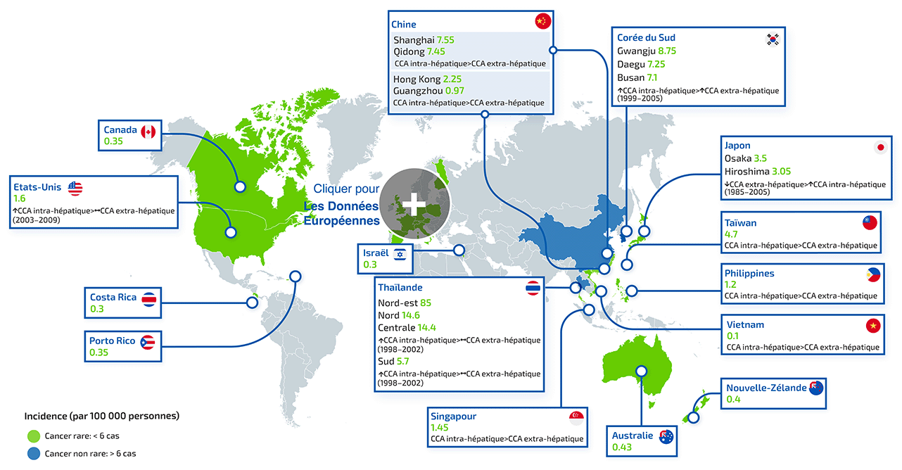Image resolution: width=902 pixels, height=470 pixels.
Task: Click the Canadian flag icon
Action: [x=148, y=132]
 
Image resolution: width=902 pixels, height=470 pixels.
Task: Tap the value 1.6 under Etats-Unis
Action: [x=19, y=199]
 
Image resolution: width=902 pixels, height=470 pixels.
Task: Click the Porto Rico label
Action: [x=112, y=341]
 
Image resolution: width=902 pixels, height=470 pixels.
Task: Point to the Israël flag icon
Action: [x=400, y=254]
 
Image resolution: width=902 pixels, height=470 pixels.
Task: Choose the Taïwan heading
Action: [x=740, y=222]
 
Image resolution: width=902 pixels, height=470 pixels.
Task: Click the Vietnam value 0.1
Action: [x=732, y=336]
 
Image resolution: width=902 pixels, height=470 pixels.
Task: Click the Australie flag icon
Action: [x=665, y=437]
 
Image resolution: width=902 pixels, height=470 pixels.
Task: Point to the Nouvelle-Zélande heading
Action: [x=766, y=388]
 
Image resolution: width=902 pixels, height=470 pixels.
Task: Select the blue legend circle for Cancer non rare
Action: [x=32, y=454]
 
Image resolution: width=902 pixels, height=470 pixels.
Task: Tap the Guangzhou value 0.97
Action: [x=456, y=91]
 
